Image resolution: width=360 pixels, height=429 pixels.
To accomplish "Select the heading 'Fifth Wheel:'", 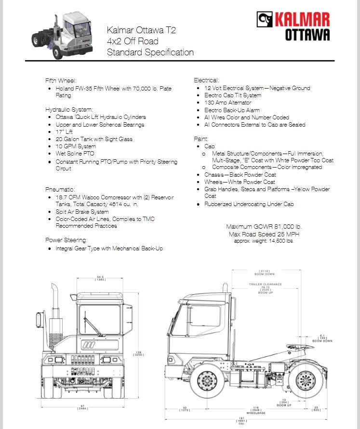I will click(x=61, y=80).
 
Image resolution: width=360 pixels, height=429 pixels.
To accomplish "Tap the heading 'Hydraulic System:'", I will click(x=69, y=109).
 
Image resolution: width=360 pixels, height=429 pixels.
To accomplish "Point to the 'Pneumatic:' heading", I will click(x=60, y=190).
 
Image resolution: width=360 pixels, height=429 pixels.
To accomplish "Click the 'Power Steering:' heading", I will click(x=66, y=240).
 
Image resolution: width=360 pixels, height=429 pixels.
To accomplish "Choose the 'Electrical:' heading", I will click(x=206, y=80).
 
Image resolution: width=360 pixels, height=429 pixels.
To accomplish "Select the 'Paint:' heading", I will click(x=201, y=139).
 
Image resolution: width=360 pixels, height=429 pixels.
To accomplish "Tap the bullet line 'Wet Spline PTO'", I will click(x=75, y=154).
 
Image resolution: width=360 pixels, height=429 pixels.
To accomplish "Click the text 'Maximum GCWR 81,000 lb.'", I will click(x=264, y=227).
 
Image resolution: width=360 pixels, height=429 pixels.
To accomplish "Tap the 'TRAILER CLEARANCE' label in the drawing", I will click(x=266, y=285).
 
